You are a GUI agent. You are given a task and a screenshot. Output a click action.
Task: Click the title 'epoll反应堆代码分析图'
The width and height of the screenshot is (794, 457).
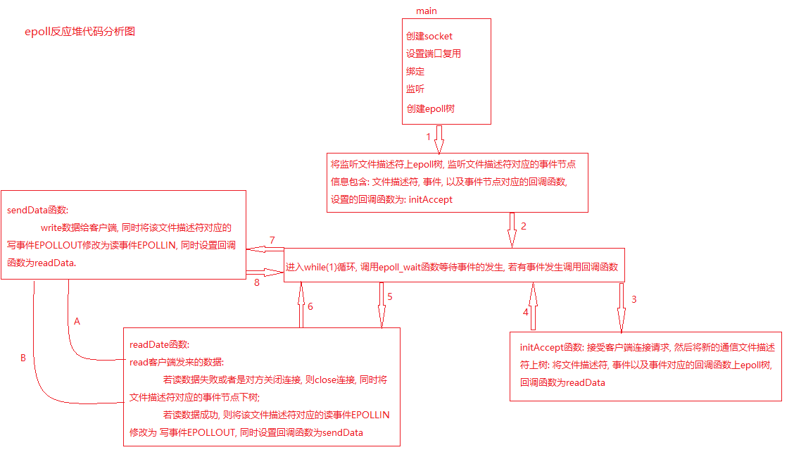tap(79, 32)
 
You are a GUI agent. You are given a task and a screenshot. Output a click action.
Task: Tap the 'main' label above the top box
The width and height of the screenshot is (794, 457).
tap(426, 11)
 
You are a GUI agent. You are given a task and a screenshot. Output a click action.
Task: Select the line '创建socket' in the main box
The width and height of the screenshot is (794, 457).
tap(429, 36)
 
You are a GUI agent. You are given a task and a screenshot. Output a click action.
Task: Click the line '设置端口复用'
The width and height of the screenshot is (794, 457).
tap(434, 54)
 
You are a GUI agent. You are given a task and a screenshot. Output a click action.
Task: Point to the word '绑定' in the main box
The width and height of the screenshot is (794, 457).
tap(415, 71)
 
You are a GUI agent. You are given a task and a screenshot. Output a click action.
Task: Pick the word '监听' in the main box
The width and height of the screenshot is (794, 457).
tap(415, 89)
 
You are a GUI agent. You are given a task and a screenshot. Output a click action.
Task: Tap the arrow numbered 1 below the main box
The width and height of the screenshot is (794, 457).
tap(439, 139)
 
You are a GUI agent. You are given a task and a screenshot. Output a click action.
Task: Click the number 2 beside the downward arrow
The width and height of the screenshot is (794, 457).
tap(524, 226)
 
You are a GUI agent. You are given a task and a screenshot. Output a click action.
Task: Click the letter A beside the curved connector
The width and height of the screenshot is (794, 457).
tap(77, 321)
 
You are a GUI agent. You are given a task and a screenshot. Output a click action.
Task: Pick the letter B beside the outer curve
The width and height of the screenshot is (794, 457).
tap(23, 358)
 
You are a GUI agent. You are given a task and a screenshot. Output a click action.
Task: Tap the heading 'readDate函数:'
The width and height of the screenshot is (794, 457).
tap(160, 344)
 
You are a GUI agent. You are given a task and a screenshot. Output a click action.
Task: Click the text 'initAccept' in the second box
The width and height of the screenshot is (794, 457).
tap(431, 199)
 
